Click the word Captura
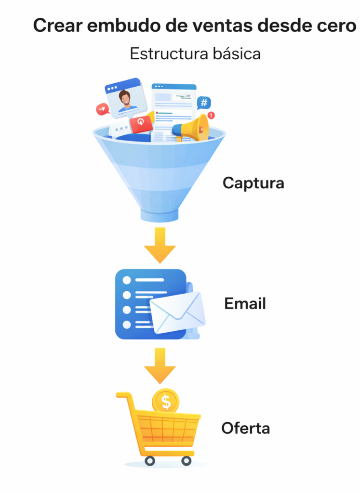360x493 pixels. click(x=253, y=183)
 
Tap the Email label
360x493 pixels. click(x=245, y=304)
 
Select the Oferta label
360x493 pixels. click(x=245, y=428)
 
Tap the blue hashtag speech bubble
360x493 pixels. click(x=204, y=103)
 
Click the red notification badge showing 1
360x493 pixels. click(x=211, y=116)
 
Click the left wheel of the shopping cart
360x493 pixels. click(x=149, y=461)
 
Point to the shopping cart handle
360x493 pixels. click(x=123, y=396)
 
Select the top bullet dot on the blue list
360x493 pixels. click(x=127, y=280)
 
